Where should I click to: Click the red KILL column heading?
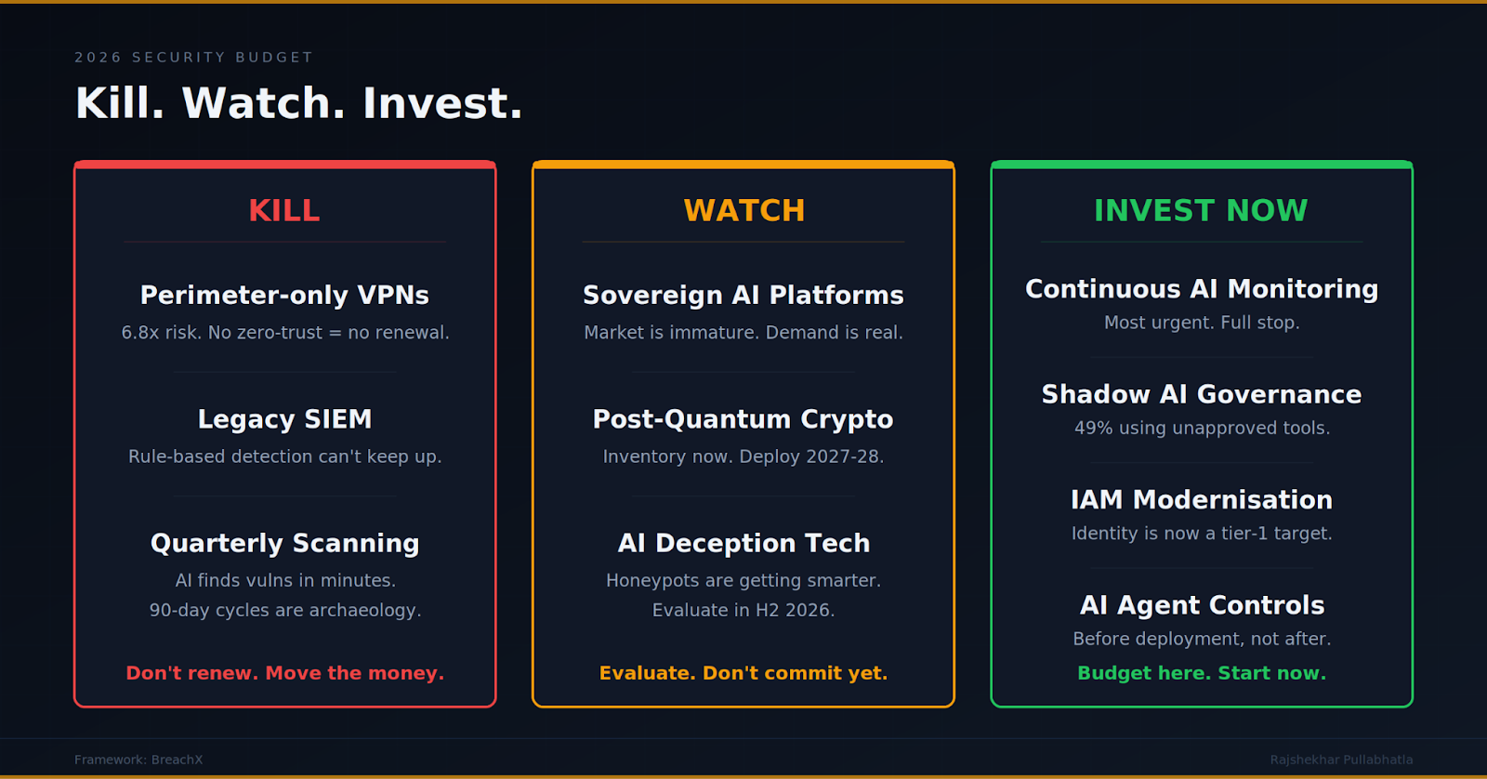[284, 210]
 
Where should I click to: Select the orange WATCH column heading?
[744, 210]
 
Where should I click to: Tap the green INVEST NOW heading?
[1201, 210]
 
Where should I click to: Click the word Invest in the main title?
[442, 103]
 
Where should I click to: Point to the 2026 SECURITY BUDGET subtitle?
[193, 57]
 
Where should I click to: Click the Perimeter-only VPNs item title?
[284, 295]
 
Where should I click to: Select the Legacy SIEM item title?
[284, 419]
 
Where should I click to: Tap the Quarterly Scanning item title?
[284, 543]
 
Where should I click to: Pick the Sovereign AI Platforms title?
[743, 295]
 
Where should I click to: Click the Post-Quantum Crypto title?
[743, 419]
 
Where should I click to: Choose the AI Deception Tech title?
[743, 543]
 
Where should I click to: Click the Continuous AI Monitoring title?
[1202, 289]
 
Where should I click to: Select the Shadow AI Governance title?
[1202, 394]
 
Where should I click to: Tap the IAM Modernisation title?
[1202, 499]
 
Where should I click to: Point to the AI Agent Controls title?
[1202, 605]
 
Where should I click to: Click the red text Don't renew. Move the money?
[284, 673]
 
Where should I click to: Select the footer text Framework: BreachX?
[138, 759]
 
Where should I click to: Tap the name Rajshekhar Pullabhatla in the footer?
[1342, 759]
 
